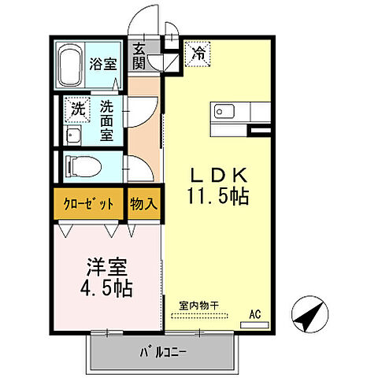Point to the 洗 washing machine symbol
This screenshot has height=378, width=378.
tap(77, 109)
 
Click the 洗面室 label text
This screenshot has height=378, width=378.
tap(106, 118)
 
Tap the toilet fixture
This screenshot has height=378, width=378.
tap(80, 166)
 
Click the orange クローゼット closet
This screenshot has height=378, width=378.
tap(88, 203)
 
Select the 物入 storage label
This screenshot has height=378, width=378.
tap(143, 203)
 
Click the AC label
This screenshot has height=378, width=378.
tap(254, 313)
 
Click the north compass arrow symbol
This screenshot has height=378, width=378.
tap(309, 317)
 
